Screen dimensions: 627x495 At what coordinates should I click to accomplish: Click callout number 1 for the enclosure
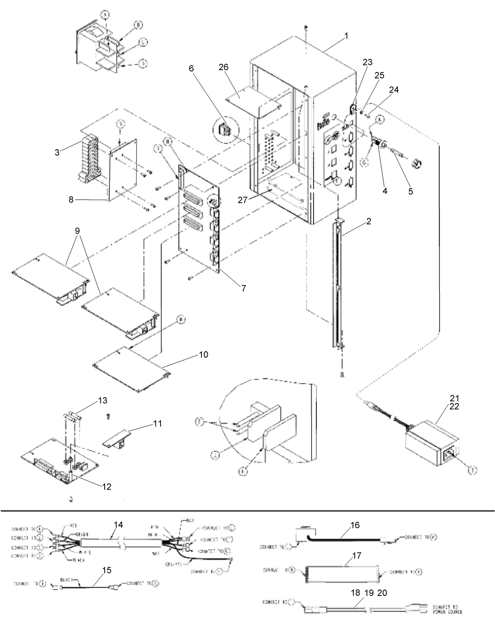coord(346,36)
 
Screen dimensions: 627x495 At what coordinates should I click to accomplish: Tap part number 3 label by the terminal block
coord(57,152)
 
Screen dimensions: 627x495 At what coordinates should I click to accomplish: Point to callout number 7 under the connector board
coord(244,288)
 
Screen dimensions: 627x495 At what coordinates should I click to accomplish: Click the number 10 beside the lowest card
coord(204,354)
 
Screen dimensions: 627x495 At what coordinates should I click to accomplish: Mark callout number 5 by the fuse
coord(410,191)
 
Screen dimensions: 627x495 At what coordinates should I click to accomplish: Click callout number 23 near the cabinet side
coord(367,62)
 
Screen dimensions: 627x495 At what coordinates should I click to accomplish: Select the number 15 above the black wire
coord(107,570)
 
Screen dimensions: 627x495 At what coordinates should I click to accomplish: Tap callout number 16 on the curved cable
coord(355,525)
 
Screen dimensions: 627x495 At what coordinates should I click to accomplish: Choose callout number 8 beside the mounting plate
coord(71,200)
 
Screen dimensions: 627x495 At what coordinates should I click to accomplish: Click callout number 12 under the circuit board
coord(107,487)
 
